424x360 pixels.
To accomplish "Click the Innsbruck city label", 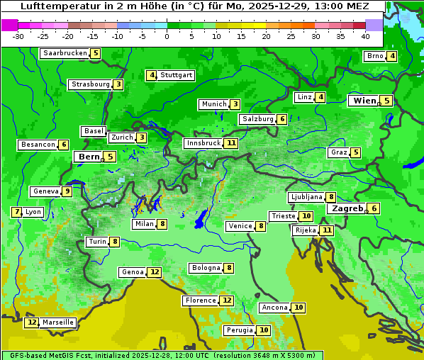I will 203,143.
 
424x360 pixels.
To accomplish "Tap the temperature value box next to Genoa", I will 155,272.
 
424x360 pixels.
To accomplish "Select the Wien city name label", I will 364,101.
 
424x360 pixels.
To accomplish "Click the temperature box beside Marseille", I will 31,322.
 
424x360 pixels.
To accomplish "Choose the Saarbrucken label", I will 65,53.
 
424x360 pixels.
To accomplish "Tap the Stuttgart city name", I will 176,75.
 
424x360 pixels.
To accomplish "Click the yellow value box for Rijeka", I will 326,230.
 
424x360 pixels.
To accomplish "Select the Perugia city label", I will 239,330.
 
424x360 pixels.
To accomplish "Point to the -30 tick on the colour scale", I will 18,36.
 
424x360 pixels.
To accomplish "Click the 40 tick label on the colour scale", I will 365,36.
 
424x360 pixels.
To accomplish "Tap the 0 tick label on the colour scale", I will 167,36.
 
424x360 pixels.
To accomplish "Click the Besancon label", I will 38,145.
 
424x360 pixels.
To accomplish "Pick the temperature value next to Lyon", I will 16,212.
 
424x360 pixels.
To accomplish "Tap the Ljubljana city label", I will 306,197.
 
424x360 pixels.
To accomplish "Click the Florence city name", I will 200,300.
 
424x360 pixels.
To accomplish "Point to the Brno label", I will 374,56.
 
